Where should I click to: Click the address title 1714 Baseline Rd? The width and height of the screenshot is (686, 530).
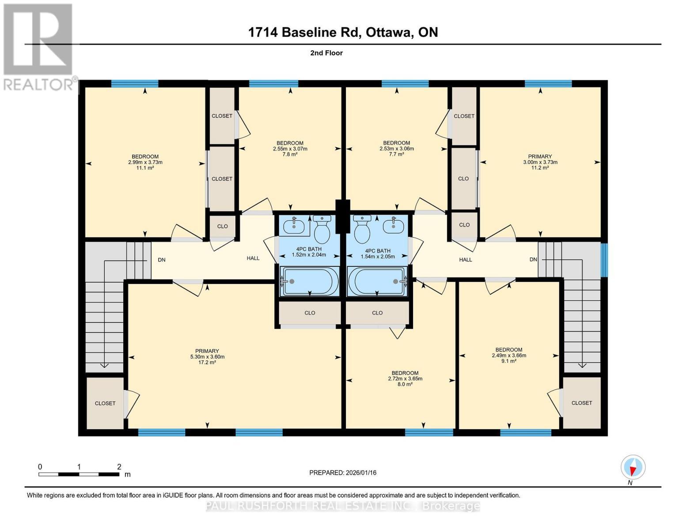pos(343,32)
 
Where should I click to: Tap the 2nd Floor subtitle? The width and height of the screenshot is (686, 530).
pos(326,53)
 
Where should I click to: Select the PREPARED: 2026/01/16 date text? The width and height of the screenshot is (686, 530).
pos(343,473)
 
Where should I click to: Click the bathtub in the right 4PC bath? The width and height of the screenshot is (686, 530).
pos(377,281)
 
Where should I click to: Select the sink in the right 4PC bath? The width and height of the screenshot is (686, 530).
pos(393,226)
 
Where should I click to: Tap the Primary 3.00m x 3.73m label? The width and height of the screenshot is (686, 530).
pos(540,162)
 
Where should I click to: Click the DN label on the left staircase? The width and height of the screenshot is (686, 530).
pos(162,260)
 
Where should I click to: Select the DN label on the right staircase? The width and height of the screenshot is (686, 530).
pos(533,259)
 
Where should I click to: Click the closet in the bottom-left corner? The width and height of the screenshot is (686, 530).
pos(105,403)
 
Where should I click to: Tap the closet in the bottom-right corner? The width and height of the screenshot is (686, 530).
pos(581,403)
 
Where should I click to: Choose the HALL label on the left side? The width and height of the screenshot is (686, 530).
pos(253,258)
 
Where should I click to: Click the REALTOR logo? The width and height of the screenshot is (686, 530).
pos(39,46)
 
